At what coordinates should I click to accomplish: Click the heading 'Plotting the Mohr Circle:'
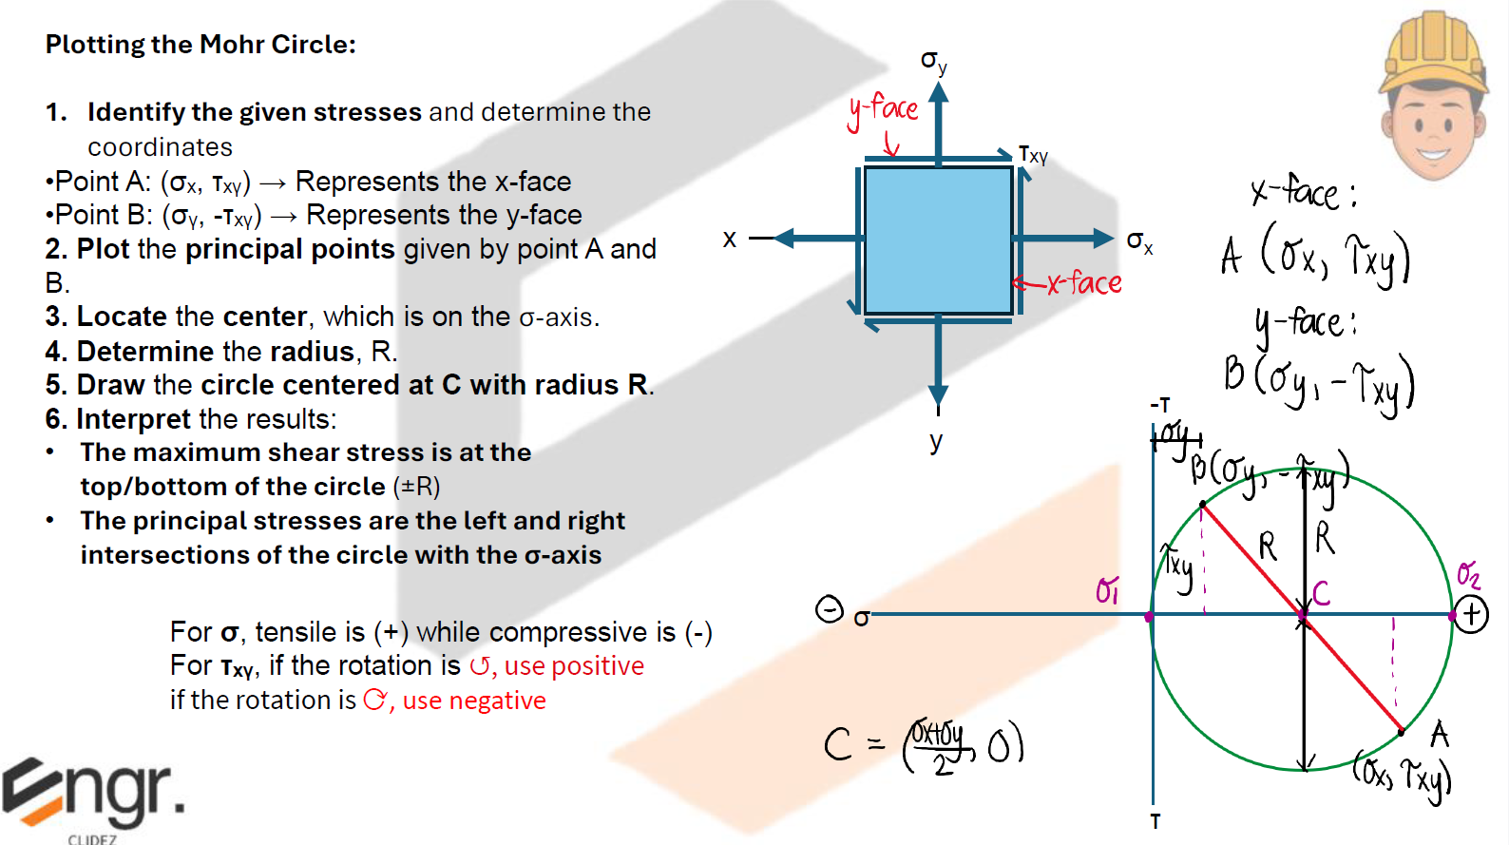click(x=201, y=45)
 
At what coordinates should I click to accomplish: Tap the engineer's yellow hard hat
click(x=1434, y=52)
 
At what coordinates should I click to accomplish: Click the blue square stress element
click(x=938, y=240)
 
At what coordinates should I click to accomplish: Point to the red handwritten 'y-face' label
click(x=884, y=109)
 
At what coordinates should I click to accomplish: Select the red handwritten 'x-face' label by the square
click(x=1083, y=282)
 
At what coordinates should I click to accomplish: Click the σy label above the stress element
click(x=933, y=62)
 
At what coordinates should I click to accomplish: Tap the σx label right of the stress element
click(x=1139, y=241)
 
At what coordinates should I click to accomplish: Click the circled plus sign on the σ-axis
click(x=1471, y=615)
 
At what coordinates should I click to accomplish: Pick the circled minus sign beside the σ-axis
click(x=830, y=608)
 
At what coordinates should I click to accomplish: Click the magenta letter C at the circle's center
click(x=1321, y=594)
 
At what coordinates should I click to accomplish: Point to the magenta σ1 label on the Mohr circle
click(x=1107, y=590)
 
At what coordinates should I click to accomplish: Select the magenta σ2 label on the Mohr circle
click(x=1468, y=574)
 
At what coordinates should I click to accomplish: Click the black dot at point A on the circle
click(x=1402, y=731)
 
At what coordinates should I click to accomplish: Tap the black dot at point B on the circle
click(x=1203, y=504)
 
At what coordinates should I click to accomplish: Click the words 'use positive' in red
click(x=574, y=666)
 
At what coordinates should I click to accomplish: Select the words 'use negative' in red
click(x=474, y=701)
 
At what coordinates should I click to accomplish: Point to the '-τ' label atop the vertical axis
click(x=1160, y=405)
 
